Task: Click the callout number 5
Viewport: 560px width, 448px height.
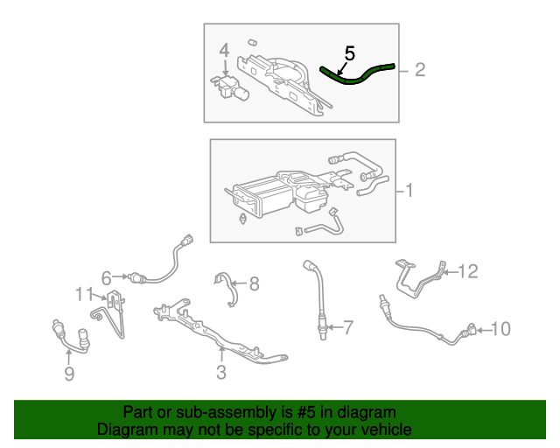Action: tap(348, 53)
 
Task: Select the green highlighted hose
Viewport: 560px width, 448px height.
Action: tap(360, 76)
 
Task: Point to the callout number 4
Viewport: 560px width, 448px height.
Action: tap(224, 51)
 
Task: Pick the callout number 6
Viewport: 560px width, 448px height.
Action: tap(107, 278)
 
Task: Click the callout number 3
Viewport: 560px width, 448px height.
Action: tap(221, 373)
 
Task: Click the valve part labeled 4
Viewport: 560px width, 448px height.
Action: tap(231, 87)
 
